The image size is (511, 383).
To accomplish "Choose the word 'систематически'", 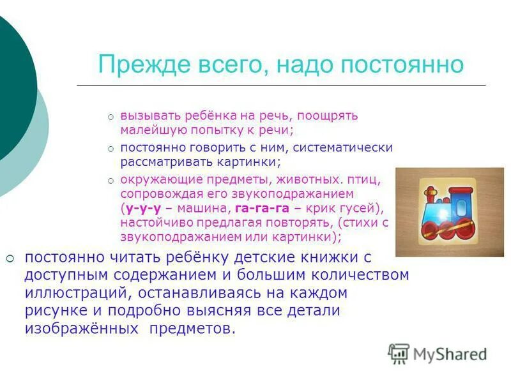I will pos(351,147).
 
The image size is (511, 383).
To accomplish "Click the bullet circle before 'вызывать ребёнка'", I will pos(111,117).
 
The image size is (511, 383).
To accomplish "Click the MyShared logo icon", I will pos(399,353).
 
